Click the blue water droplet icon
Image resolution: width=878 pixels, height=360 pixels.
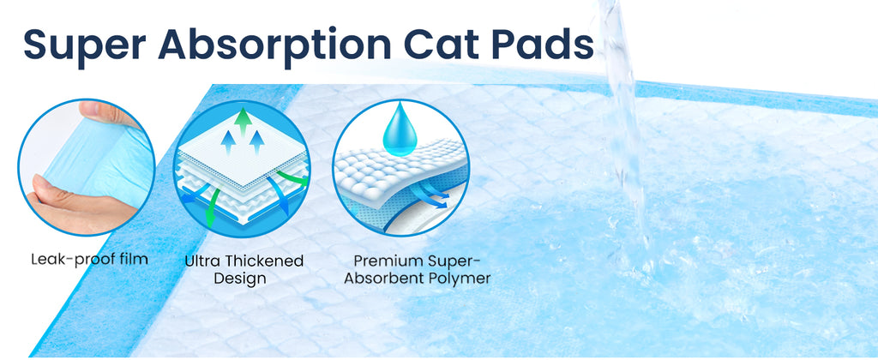400,129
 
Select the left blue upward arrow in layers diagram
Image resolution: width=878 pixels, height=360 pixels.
228,142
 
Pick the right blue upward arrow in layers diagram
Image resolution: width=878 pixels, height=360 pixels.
256,142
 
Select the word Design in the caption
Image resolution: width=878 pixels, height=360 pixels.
240,279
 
